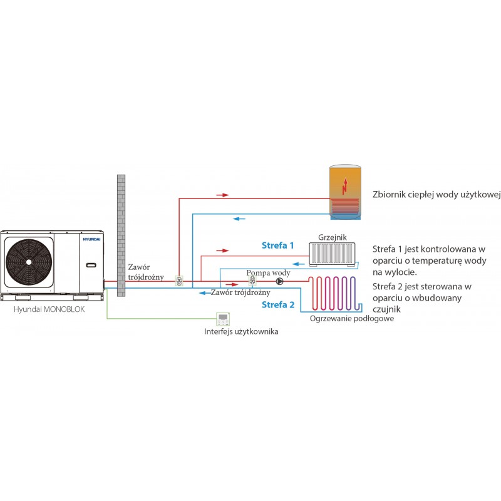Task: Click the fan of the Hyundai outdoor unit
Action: pyautogui.click(x=29, y=262)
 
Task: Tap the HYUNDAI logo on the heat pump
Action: pyautogui.click(x=91, y=239)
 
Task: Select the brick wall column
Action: pyautogui.click(x=121, y=235)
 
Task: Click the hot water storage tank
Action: pyautogui.click(x=346, y=192)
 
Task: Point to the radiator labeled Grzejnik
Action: pyautogui.click(x=332, y=254)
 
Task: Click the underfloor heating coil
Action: pyautogui.click(x=335, y=293)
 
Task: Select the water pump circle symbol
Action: pyautogui.click(x=279, y=281)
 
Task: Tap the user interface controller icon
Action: pyautogui.click(x=223, y=319)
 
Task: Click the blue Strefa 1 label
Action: pyautogui.click(x=277, y=245)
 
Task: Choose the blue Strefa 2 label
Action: pyautogui.click(x=278, y=304)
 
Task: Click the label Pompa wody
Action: pyautogui.click(x=268, y=273)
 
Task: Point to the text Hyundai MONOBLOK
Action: pyautogui.click(x=49, y=309)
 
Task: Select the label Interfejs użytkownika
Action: pyautogui.click(x=241, y=331)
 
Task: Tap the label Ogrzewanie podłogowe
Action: pyautogui.click(x=352, y=318)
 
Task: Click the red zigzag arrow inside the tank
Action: pyautogui.click(x=344, y=185)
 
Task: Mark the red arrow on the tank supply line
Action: pyautogui.click(x=223, y=195)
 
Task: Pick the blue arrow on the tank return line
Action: pyautogui.click(x=239, y=219)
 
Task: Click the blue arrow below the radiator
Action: pyautogui.click(x=299, y=264)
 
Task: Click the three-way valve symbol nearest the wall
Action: pyautogui.click(x=179, y=281)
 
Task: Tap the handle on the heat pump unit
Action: pyautogui.click(x=91, y=265)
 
